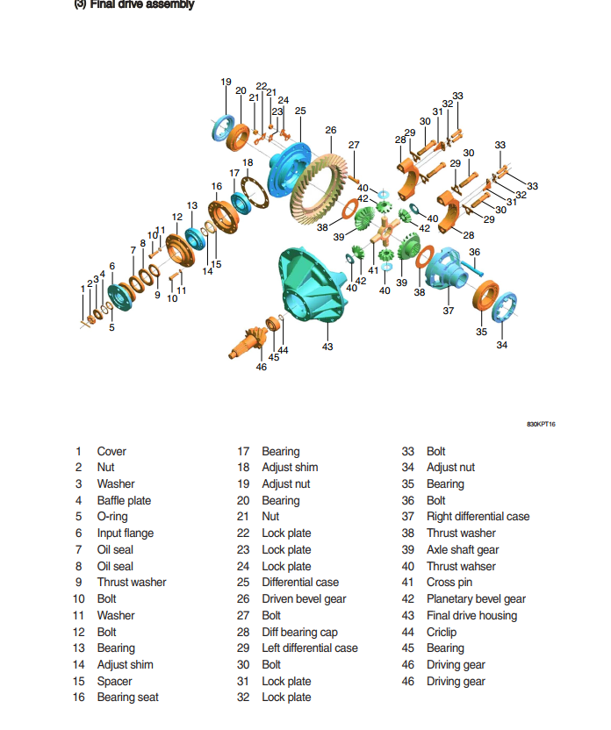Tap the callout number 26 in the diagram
click(x=331, y=131)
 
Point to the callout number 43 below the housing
click(x=327, y=347)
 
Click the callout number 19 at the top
click(x=226, y=82)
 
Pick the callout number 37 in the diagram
click(x=448, y=311)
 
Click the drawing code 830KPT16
click(x=541, y=424)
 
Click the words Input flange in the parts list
click(x=126, y=533)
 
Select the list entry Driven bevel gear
click(x=304, y=598)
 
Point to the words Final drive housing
click(x=471, y=615)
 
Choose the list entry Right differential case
click(x=478, y=516)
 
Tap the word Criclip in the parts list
click(x=442, y=632)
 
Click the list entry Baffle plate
click(x=124, y=500)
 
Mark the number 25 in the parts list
click(x=243, y=583)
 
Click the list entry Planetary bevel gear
click(x=476, y=598)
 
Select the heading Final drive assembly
click(x=141, y=4)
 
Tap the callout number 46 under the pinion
click(x=262, y=368)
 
